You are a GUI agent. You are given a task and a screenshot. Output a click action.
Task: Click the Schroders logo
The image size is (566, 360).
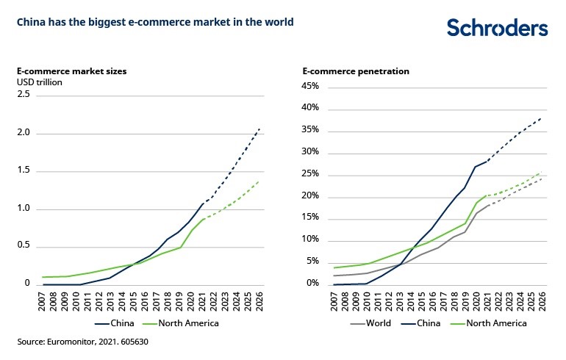(498, 28)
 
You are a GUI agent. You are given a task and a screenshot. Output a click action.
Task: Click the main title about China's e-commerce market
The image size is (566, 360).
(156, 22)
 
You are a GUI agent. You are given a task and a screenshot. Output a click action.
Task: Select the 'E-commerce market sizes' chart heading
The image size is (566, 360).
(72, 71)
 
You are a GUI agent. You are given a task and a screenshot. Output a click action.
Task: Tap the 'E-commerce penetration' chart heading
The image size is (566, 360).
(356, 71)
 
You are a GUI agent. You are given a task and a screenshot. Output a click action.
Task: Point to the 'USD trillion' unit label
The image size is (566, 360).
(40, 82)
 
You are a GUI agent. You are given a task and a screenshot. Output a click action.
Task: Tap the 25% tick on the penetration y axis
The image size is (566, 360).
(309, 174)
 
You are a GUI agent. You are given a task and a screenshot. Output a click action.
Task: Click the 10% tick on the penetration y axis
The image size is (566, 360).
(309, 240)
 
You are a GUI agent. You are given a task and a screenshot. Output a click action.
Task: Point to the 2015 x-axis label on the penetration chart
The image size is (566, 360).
(420, 300)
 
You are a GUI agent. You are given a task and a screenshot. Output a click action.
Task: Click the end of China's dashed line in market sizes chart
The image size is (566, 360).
(259, 129)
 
